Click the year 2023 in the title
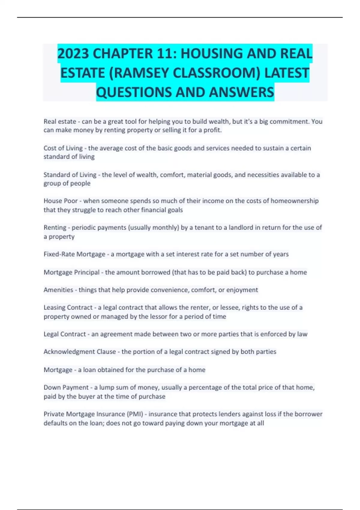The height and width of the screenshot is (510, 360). (73, 54)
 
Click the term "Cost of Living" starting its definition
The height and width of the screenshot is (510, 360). (63, 148)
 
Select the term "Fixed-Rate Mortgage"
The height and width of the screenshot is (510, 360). (74, 254)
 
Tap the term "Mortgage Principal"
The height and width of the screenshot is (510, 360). (71, 272)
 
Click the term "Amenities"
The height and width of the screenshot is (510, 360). (58, 290)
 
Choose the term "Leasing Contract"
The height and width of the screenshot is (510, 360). (68, 307)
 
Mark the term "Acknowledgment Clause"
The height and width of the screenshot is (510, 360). (80, 352)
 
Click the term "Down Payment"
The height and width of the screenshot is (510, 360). (66, 388)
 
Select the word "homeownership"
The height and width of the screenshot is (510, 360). (295, 201)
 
